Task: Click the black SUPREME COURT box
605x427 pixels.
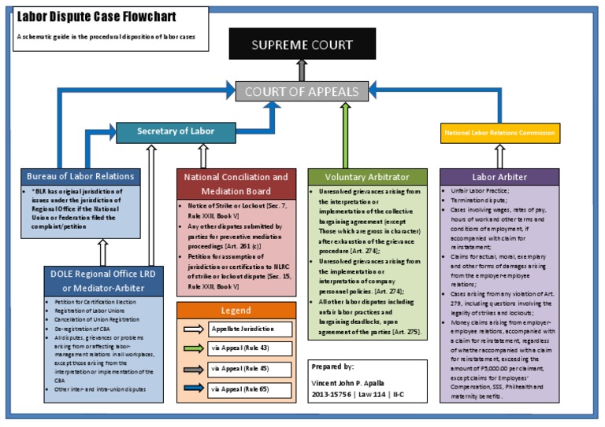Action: point(302,44)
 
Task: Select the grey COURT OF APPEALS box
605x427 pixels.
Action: point(302,91)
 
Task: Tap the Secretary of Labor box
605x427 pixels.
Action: point(176,131)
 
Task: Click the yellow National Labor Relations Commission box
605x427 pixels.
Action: point(500,134)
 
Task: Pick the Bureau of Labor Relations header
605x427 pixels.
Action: point(80,176)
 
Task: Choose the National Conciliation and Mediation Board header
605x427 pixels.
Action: point(236,184)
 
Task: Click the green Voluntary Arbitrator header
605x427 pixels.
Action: point(367,177)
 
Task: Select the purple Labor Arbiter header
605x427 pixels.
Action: point(499,177)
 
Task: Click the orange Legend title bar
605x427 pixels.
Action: point(236,311)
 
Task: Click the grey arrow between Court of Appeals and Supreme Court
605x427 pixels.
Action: point(302,69)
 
